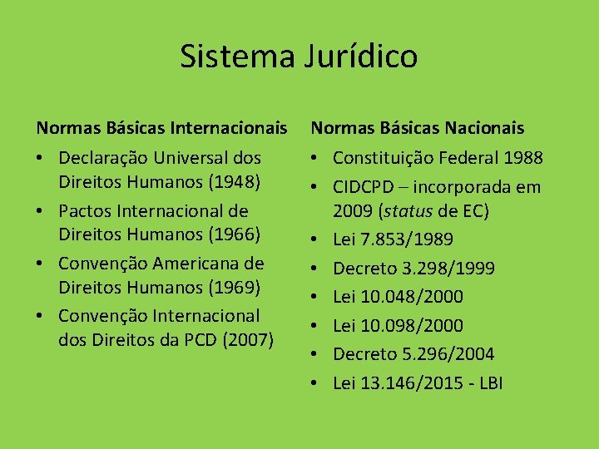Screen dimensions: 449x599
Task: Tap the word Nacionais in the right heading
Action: pos(483,127)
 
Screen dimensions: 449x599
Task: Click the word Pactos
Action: pos(86,211)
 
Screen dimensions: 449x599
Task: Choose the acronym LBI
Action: pos(489,382)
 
